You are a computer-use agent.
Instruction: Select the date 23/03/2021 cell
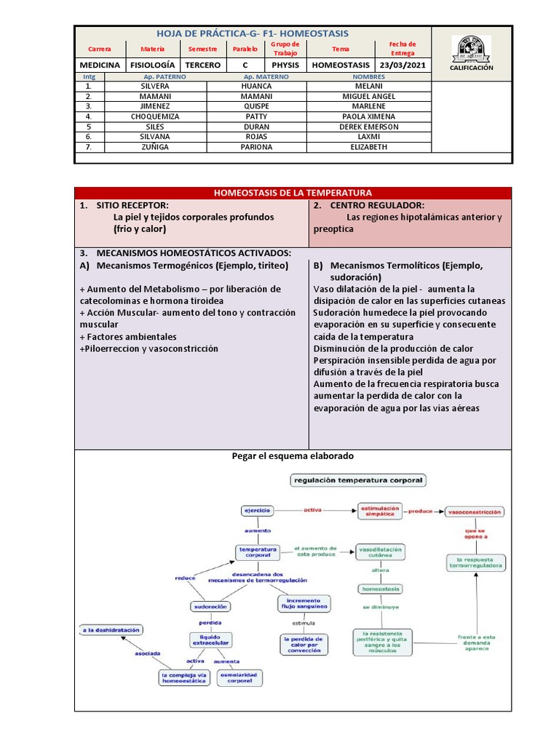click(x=403, y=65)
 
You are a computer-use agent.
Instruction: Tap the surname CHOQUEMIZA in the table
click(x=155, y=116)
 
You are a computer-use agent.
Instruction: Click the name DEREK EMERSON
click(x=368, y=127)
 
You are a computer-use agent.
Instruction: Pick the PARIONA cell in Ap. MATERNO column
click(x=256, y=147)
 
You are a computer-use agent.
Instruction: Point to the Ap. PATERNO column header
click(x=156, y=76)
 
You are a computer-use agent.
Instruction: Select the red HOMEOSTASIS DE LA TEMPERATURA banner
click(x=293, y=193)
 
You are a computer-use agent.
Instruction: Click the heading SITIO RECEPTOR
click(x=132, y=206)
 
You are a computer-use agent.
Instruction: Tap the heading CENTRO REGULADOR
click(x=378, y=206)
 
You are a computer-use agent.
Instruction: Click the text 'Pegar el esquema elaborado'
click(x=293, y=456)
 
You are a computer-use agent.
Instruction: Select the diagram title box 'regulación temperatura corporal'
click(x=359, y=480)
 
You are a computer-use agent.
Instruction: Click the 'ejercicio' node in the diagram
click(x=256, y=511)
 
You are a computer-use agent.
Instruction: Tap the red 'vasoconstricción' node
click(x=475, y=512)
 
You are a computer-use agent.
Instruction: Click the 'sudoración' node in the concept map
click(x=210, y=606)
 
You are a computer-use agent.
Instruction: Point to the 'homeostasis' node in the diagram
click(x=380, y=589)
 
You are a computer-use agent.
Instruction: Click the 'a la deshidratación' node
click(x=111, y=630)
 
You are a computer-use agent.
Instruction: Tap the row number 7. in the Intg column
click(x=89, y=147)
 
